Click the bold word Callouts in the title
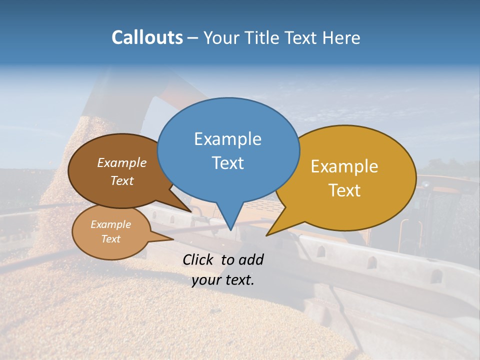[x=147, y=37]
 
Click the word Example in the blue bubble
[x=227, y=139]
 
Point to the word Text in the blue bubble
[x=227, y=163]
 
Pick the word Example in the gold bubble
[x=344, y=166]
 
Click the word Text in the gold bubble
[x=344, y=190]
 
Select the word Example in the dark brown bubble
[x=122, y=162]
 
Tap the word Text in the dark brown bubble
[x=122, y=180]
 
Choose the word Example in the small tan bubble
[x=110, y=224]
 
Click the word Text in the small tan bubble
[x=110, y=239]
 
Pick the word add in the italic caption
[x=250, y=259]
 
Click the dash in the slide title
[x=193, y=37]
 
